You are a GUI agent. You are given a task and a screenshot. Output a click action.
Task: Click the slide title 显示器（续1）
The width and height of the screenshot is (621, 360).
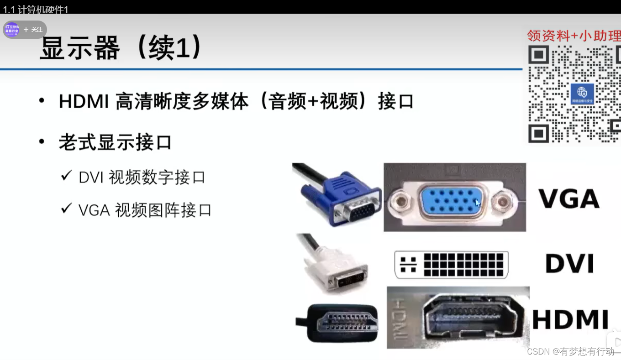pos(121,47)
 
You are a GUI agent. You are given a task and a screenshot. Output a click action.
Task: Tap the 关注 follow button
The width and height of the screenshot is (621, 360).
pos(33,30)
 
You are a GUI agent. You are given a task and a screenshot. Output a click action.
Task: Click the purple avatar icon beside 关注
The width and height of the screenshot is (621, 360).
pos(12,30)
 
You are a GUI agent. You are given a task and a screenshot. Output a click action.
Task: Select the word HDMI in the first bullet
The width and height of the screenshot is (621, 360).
pos(84,101)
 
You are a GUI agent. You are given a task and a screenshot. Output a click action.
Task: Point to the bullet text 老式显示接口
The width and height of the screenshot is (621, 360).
pos(115,142)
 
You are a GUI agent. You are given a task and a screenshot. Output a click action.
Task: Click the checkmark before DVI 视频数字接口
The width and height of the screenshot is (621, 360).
pos(67,176)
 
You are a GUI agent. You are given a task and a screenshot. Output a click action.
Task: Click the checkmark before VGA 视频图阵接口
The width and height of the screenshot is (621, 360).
pos(67,209)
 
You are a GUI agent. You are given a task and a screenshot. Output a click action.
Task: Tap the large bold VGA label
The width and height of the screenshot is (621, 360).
pos(569,198)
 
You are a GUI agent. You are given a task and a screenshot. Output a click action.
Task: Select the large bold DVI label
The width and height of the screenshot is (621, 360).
pos(569,263)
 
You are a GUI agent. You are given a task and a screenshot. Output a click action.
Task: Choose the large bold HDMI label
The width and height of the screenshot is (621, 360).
pos(570,319)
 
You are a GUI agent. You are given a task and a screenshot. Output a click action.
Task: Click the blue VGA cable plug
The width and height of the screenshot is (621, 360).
pos(342,199)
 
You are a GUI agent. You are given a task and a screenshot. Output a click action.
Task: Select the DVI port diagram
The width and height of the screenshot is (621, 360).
pos(451,265)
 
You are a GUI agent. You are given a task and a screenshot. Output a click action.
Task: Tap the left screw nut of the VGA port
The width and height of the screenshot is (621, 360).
pos(400,201)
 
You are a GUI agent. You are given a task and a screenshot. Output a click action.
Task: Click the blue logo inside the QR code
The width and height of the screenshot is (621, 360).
pos(582,94)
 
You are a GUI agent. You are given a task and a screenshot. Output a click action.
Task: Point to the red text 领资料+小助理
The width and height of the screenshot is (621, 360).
pos(574,36)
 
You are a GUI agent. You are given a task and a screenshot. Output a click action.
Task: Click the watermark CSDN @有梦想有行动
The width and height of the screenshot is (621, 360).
pos(571,351)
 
